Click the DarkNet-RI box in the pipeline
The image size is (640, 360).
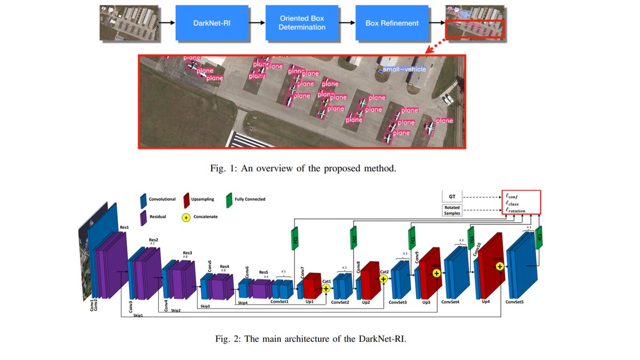212,23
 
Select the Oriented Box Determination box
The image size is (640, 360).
302,23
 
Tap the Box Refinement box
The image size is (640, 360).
392,23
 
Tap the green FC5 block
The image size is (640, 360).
538,237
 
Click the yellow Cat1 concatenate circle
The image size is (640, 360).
326,289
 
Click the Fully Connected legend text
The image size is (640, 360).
250,199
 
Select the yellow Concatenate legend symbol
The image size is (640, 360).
187,218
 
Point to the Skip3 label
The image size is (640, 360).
205,307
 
